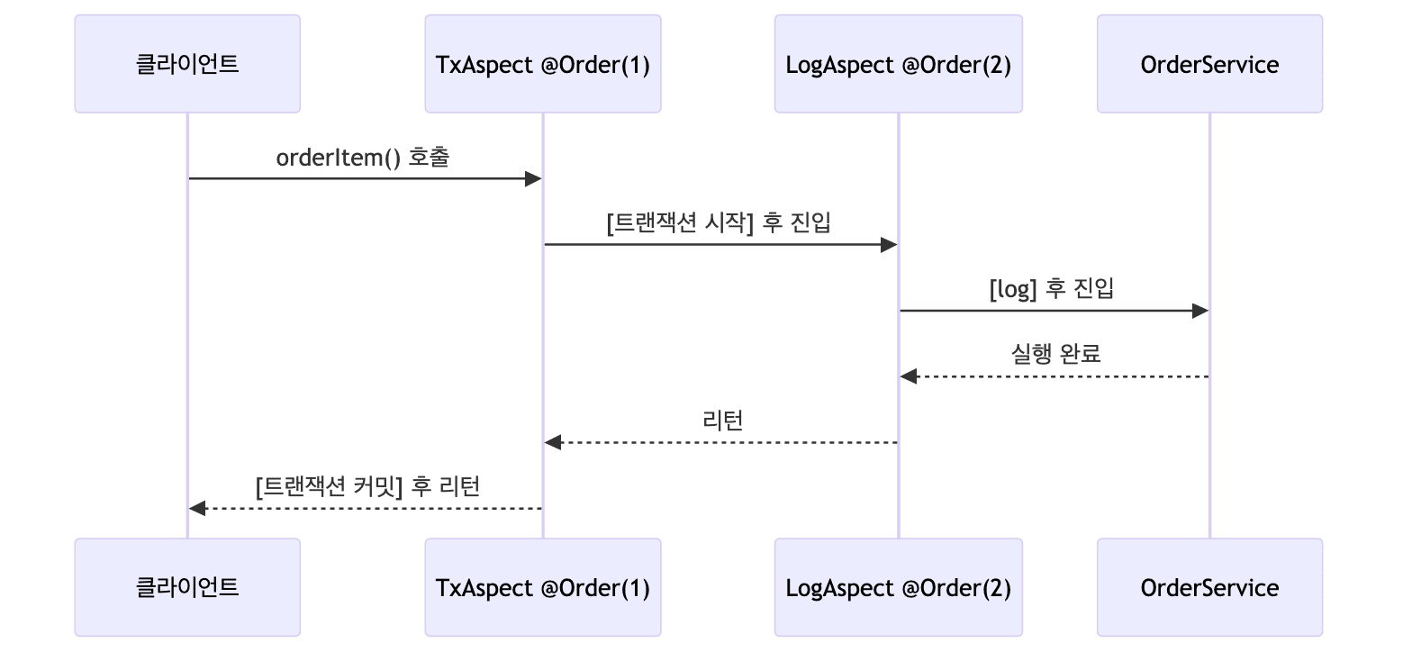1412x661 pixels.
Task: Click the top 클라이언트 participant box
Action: pyautogui.click(x=187, y=64)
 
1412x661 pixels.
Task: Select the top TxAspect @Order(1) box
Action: pyautogui.click(x=542, y=64)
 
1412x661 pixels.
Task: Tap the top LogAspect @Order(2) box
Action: pyautogui.click(x=898, y=64)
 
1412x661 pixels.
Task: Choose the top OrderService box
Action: pyautogui.click(x=1209, y=64)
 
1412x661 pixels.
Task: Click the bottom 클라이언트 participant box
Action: pyautogui.click(x=187, y=587)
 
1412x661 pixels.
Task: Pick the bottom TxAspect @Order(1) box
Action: pyautogui.click(x=542, y=587)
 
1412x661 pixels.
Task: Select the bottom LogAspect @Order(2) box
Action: pyautogui.click(x=898, y=587)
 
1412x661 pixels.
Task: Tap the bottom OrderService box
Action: pyautogui.click(x=1209, y=587)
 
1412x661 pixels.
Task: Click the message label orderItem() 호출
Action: pyautogui.click(x=363, y=158)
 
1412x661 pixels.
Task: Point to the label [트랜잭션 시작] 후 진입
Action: pyautogui.click(x=720, y=223)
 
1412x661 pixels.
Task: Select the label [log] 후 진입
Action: pyautogui.click(x=1053, y=289)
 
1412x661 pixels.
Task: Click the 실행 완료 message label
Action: pyautogui.click(x=1055, y=355)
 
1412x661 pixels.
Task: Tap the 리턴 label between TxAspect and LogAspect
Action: pyautogui.click(x=722, y=421)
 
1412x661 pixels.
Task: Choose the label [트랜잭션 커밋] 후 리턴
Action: pyautogui.click(x=367, y=486)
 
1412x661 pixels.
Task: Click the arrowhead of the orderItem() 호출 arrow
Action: pyautogui.click(x=533, y=179)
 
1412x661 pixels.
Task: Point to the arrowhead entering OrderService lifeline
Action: pyautogui.click(x=1199, y=311)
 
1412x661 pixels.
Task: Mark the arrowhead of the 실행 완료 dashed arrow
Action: pyautogui.click(x=909, y=376)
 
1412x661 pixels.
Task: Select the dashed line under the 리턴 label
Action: pyautogui.click(x=720, y=443)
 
